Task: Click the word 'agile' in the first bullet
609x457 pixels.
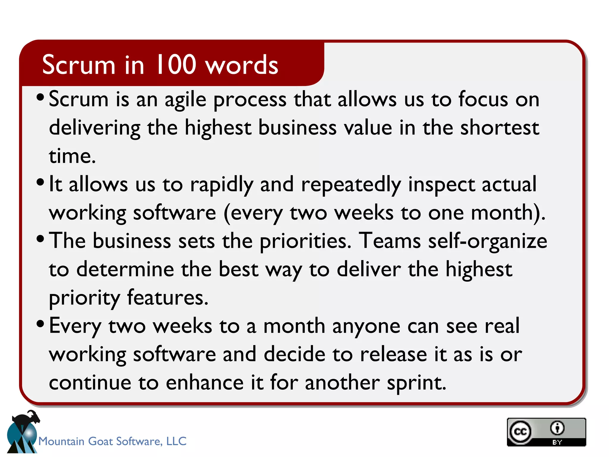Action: click(x=186, y=100)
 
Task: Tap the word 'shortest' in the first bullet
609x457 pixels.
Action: click(x=500, y=128)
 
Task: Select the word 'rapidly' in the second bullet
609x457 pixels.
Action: click(x=222, y=185)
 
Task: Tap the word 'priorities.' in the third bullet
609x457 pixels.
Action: click(x=306, y=241)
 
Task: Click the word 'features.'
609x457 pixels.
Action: click(x=168, y=298)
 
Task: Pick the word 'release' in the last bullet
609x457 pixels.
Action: click(x=393, y=354)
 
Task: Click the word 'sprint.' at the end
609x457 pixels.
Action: click(x=417, y=383)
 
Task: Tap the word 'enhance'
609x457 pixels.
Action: click(x=205, y=383)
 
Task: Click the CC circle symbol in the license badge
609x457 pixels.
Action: click(x=520, y=431)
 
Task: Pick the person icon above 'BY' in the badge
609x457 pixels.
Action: click(x=557, y=428)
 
